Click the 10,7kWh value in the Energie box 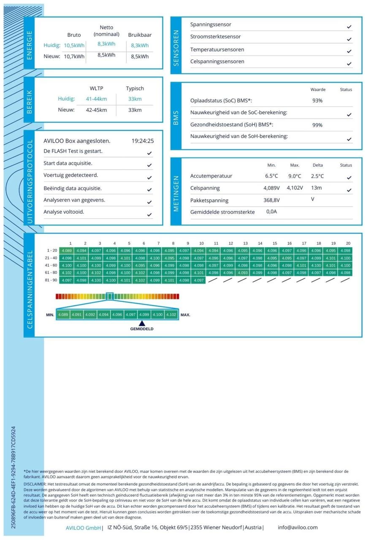click(74, 57)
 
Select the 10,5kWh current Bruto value click(74, 46)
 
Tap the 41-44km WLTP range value click(96, 99)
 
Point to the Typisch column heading click(135, 89)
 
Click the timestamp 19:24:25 click(143, 141)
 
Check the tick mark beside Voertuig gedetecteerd click(149, 178)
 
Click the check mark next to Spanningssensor click(349, 27)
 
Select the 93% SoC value click(317, 101)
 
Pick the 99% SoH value click(317, 125)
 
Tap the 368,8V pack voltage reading click(272, 200)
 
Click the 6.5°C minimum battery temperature click(272, 176)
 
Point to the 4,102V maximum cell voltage click(295, 188)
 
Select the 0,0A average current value click(272, 212)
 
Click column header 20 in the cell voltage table click(348, 243)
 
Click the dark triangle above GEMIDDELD click(142, 323)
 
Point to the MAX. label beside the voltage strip click(185, 315)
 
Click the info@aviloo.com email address click(298, 527)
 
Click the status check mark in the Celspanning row click(349, 190)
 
